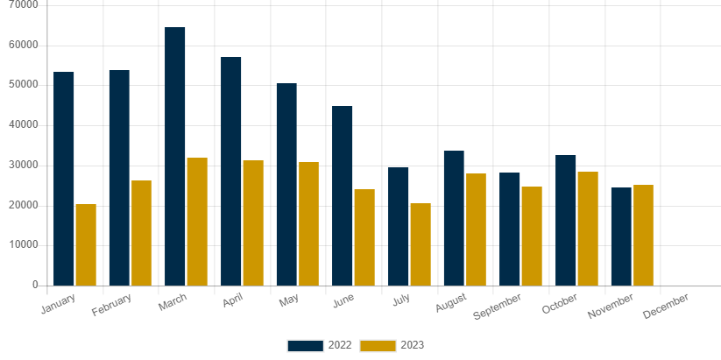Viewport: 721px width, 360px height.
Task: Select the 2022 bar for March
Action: [175, 156]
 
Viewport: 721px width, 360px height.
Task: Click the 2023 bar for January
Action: [86, 244]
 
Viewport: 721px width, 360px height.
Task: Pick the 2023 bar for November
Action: [643, 235]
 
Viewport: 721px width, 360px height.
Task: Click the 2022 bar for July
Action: [399, 226]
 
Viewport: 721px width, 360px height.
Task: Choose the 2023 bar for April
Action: [253, 222]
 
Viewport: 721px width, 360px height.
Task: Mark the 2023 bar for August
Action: [476, 229]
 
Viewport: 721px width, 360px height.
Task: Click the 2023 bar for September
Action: [532, 236]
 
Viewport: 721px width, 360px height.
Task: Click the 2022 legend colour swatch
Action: [305, 345]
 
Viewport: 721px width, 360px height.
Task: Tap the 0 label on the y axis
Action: [35, 285]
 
